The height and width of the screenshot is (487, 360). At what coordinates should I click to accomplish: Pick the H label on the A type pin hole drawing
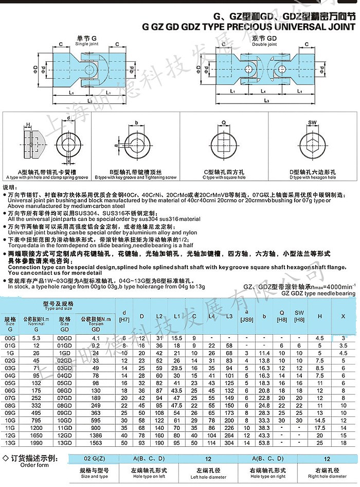click(28, 124)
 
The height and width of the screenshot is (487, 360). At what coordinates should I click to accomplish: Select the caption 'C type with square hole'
click(224, 177)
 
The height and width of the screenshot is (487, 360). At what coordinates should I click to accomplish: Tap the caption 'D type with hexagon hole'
click(312, 177)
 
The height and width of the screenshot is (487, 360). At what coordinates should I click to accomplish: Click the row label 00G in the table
click(10, 338)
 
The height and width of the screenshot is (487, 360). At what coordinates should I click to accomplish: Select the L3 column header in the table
click(229, 315)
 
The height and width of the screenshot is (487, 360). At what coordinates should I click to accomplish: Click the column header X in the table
click(344, 315)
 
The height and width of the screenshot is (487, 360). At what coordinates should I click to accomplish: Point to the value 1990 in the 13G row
click(35, 442)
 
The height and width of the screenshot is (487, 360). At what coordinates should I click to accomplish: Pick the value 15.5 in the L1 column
click(177, 338)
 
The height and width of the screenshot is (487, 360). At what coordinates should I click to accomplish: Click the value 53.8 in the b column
click(264, 442)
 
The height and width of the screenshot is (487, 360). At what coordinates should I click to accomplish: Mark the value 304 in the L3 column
click(229, 442)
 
